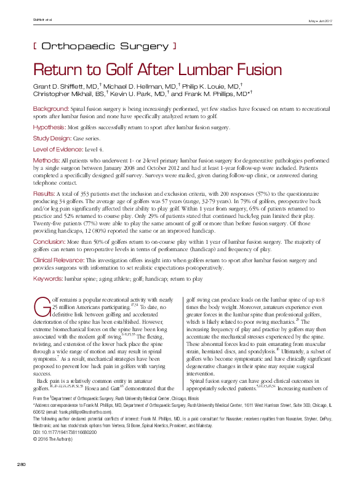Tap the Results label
[44, 193]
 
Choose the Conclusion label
[49, 241]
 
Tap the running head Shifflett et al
[42, 21]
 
